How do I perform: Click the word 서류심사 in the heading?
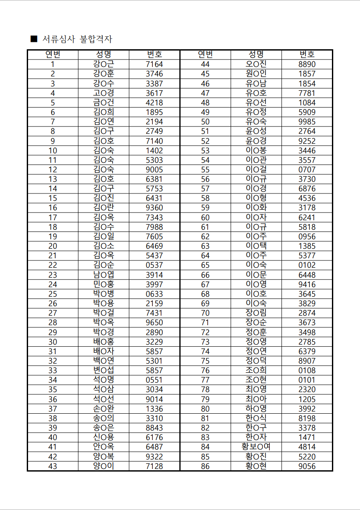tap(59, 39)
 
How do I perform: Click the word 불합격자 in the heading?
tap(96, 39)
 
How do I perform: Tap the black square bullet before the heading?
tap(34, 39)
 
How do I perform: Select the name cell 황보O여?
tap(256, 447)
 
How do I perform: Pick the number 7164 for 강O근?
tap(154, 64)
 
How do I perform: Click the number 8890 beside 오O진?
tap(307, 64)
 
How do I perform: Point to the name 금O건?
tap(104, 103)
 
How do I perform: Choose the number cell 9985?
tap(307, 122)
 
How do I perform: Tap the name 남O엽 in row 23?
tap(104, 275)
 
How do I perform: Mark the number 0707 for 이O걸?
tap(307, 170)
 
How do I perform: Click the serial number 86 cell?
tap(205, 466)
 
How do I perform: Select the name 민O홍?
tap(104, 285)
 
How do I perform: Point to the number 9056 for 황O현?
tap(307, 466)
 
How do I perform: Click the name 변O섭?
tap(104, 371)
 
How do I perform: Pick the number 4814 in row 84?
tap(307, 447)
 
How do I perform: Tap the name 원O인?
tap(256, 74)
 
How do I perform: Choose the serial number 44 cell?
tap(205, 64)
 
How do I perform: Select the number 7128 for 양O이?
tap(154, 466)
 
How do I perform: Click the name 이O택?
tap(256, 246)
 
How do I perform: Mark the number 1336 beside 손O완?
tap(154, 409)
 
